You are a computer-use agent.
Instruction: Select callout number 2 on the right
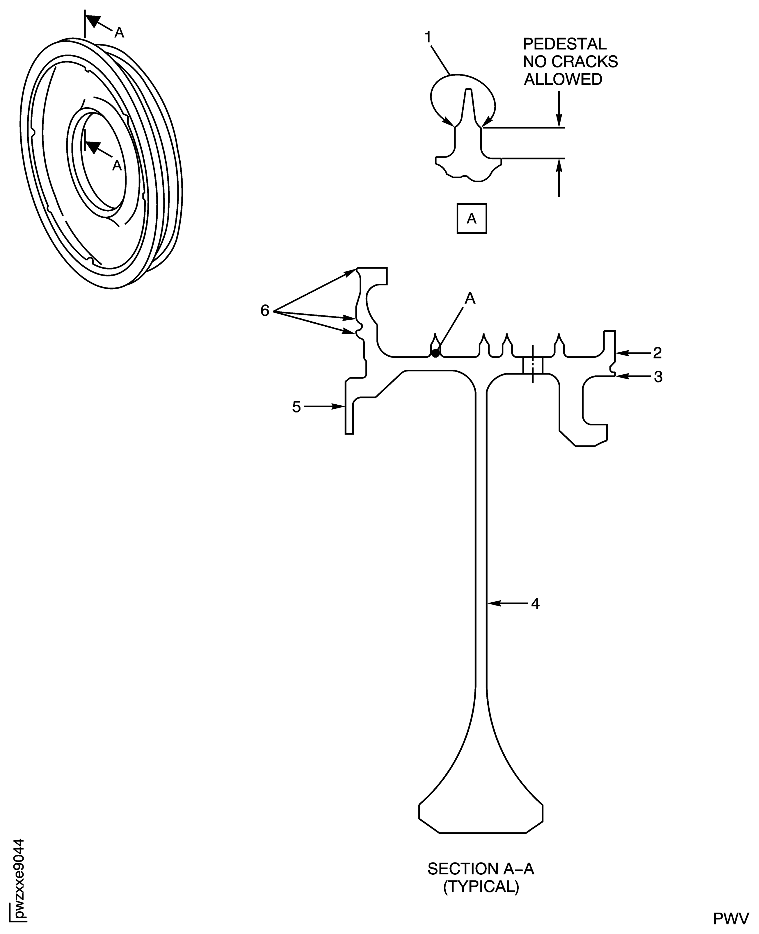tap(657, 353)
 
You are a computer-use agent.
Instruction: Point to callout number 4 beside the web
tap(535, 604)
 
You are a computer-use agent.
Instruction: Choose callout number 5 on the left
tap(296, 407)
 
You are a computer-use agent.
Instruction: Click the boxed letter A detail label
tap(471, 218)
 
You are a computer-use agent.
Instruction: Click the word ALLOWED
tap(563, 80)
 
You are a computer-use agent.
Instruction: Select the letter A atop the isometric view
tap(119, 32)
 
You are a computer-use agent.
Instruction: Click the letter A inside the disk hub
tap(117, 165)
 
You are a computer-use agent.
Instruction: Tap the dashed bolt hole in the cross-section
tap(533, 364)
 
